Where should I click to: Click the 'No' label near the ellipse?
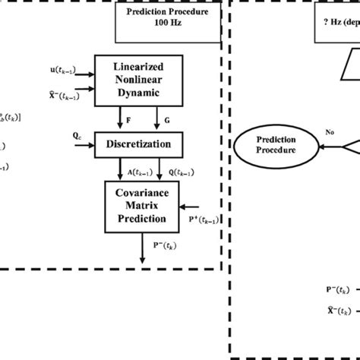click(x=330, y=131)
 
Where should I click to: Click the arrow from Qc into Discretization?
click(x=85, y=143)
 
